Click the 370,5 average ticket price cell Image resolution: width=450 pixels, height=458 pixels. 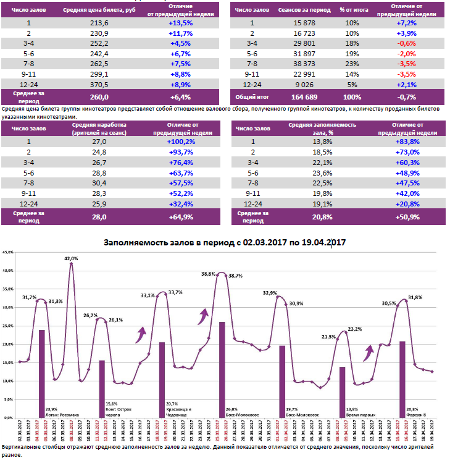pos(99,84)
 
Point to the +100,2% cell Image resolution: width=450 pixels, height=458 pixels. pos(181,142)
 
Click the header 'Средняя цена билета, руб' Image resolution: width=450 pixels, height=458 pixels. pos(99,10)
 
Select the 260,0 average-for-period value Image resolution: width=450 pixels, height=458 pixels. pos(99,97)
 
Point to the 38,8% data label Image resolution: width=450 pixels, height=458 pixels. pos(208,274)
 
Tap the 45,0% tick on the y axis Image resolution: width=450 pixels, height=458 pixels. pos(7,252)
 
